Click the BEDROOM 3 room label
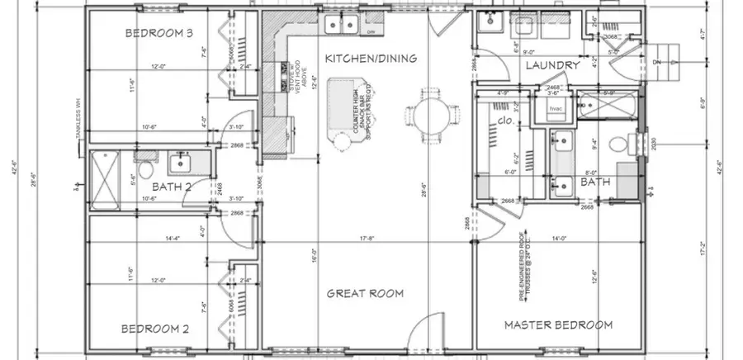[159, 33]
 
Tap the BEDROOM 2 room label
[156, 329]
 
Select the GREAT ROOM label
[364, 293]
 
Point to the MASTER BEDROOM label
[558, 324]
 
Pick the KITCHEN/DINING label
[370, 58]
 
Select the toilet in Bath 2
[145, 171]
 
